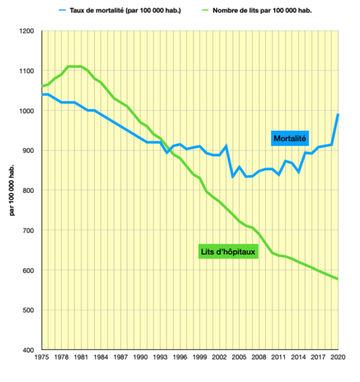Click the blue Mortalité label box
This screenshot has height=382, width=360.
pos(289,138)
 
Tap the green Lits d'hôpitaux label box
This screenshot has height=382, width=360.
pos(228,251)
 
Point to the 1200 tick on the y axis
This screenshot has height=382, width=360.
pos(26,31)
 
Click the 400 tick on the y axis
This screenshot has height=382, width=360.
pos(28,350)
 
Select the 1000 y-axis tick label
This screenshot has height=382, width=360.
pos(26,111)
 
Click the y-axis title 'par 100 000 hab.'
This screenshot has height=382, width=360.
pos(12,190)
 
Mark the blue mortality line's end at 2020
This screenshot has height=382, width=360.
pos(337,114)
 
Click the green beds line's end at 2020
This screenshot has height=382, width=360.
pos(337,279)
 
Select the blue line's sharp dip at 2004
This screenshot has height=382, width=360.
pos(232,177)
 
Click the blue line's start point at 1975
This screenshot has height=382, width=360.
pos(42,94)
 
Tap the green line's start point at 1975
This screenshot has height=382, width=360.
pos(42,86)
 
